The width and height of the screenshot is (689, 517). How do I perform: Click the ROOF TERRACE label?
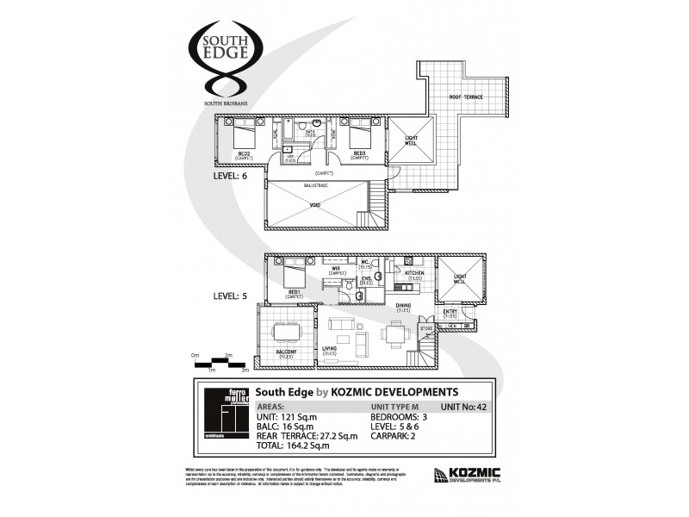468,97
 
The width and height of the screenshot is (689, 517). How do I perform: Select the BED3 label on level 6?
360,155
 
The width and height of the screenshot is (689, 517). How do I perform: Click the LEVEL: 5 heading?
230,296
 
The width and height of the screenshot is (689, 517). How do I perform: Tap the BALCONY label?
286,352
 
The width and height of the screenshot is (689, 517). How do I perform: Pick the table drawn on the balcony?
284,331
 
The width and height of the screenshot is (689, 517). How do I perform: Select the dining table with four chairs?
394,333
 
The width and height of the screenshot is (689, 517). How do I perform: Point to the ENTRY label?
450,314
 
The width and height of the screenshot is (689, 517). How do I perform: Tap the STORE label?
425,328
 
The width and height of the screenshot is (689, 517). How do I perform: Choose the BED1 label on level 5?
295,293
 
